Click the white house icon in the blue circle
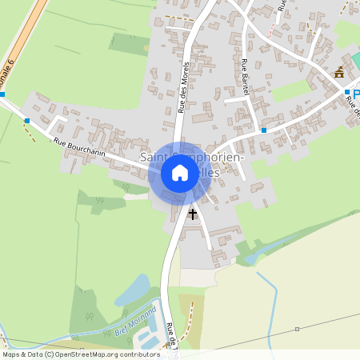coord(180,173)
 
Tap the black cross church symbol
coord(192,214)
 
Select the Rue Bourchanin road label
coord(79,148)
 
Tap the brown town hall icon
coord(339,73)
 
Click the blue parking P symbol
coord(356,94)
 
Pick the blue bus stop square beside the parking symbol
coord(347,93)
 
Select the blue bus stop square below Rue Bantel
coord(263,130)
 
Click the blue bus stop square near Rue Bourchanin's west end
coord(27,121)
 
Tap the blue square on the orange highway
coord(2,94)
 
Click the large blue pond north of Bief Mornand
coord(133,290)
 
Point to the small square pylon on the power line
coord(296,329)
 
